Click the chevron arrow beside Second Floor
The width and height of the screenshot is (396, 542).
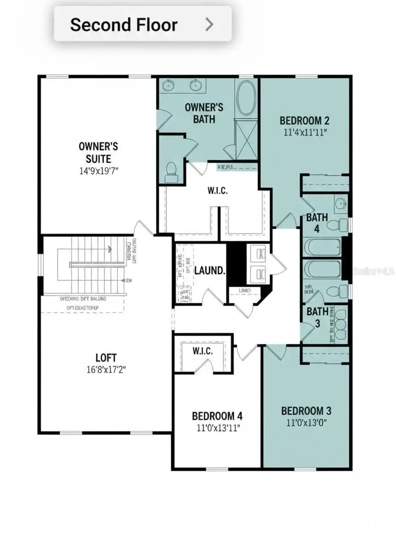(209, 24)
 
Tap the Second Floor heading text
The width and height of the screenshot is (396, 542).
(124, 24)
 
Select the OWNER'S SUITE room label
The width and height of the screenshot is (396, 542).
(98, 152)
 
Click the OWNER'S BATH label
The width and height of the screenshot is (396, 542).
(204, 113)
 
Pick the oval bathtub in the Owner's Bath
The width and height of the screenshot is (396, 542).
(247, 98)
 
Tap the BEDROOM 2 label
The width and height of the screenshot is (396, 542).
(304, 121)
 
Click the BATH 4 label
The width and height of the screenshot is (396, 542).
(317, 223)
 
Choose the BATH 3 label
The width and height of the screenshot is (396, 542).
(317, 318)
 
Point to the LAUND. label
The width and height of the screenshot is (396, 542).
(210, 270)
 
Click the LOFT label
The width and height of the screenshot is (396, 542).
(106, 358)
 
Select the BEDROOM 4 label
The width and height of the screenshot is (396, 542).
(217, 416)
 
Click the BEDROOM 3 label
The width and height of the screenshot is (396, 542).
(306, 411)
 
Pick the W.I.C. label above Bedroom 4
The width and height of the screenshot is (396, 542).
(202, 351)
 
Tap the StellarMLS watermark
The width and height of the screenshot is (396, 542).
(374, 271)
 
